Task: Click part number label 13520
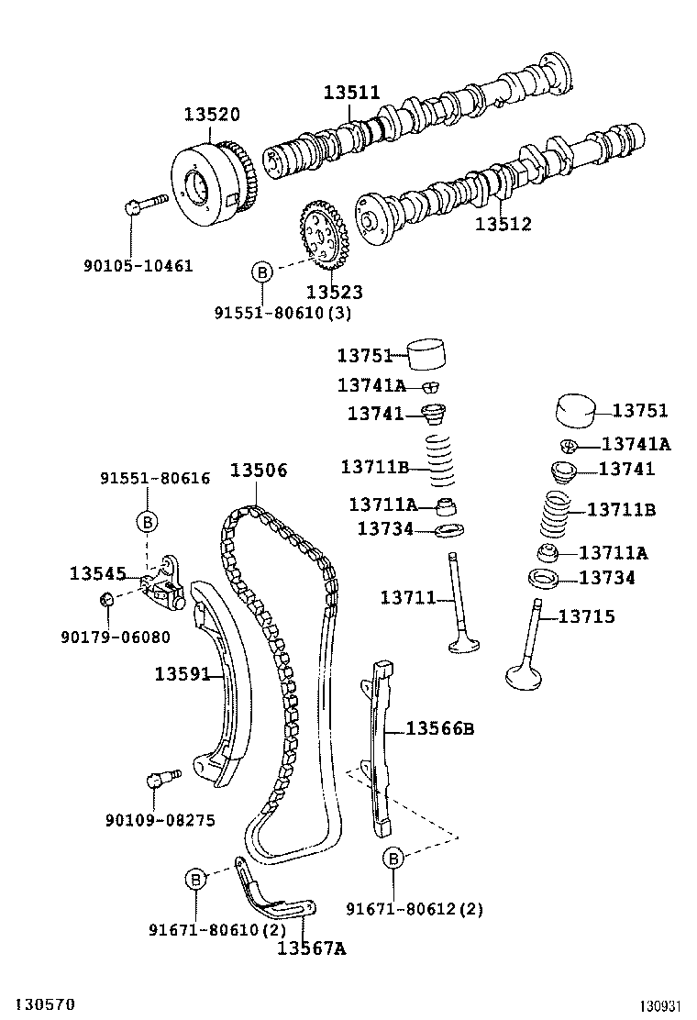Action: click(212, 115)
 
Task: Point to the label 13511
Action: click(352, 93)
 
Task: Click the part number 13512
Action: click(503, 224)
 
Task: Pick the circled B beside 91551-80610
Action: click(261, 272)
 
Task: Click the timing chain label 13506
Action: click(259, 470)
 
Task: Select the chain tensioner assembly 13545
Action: click(164, 583)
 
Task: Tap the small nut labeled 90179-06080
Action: click(107, 598)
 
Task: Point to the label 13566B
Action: click(440, 728)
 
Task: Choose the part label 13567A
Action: click(312, 948)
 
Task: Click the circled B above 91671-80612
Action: click(393, 859)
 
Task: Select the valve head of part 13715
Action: click(524, 677)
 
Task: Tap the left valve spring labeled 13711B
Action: click(441, 460)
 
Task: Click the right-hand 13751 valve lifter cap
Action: click(576, 410)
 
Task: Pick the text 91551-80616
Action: click(155, 478)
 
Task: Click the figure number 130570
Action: click(46, 1004)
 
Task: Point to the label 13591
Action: click(183, 674)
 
